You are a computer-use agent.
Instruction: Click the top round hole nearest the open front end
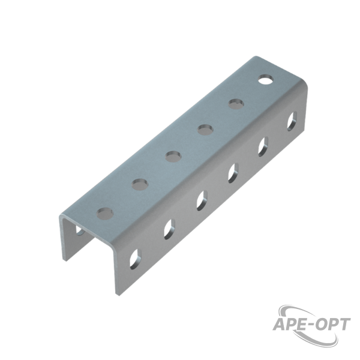(105, 214)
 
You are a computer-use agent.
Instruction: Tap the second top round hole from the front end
(140, 185)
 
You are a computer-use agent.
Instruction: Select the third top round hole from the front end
(173, 157)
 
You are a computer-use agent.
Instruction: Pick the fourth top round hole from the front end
(205, 130)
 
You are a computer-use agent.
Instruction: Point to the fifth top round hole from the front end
(236, 104)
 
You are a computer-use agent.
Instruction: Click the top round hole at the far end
(265, 79)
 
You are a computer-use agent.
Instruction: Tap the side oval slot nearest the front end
(136, 259)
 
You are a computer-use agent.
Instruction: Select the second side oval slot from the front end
(169, 229)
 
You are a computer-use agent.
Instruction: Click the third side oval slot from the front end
(202, 200)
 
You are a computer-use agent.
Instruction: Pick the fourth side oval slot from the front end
(233, 173)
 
